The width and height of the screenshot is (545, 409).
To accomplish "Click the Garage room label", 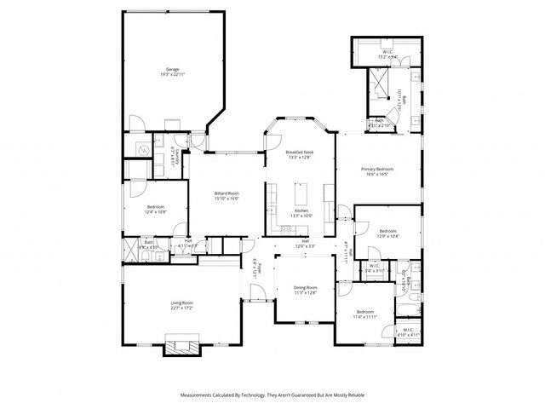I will (x=172, y=69).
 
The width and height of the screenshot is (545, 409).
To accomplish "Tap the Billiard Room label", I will (x=227, y=193).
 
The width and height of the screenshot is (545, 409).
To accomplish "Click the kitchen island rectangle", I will (x=301, y=188).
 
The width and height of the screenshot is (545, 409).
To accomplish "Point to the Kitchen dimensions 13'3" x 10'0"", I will (x=302, y=216).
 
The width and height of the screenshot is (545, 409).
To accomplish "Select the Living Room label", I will (x=182, y=302).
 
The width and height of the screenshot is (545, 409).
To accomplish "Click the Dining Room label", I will (x=306, y=287).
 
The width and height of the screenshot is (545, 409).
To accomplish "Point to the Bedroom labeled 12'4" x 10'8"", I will (x=155, y=207).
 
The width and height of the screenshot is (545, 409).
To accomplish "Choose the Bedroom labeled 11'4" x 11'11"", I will (x=364, y=312).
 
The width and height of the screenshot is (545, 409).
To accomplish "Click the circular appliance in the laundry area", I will (x=142, y=150).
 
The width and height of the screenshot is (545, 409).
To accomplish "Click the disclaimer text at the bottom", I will (x=272, y=395).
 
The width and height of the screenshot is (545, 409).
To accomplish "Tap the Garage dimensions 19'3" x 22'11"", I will (x=172, y=75).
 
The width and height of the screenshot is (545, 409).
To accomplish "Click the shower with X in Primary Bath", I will (x=376, y=84).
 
